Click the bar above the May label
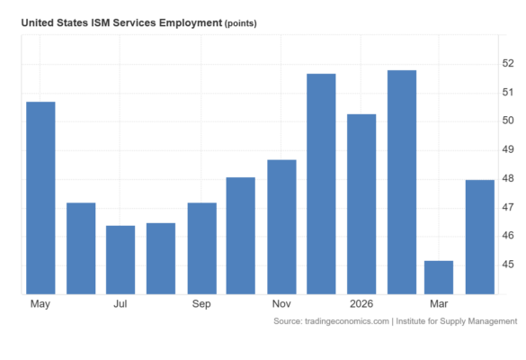click(40, 198)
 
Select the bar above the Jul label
click(120, 260)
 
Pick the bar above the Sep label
click(202, 248)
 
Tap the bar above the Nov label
click(281, 227)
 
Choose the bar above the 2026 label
click(361, 204)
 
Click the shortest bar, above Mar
click(439, 278)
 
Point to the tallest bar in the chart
click(402, 183)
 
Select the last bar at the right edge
click(480, 237)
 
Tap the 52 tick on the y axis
click(508, 63)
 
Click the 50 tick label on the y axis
click(508, 121)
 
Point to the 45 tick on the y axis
click(508, 265)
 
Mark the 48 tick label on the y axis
click(508, 178)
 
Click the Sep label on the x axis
click(201, 304)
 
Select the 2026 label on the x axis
click(361, 304)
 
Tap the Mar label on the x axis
click(439, 304)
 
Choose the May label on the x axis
click(40, 304)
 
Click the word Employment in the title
click(191, 22)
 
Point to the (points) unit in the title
click(241, 23)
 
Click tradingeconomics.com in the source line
click(347, 321)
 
